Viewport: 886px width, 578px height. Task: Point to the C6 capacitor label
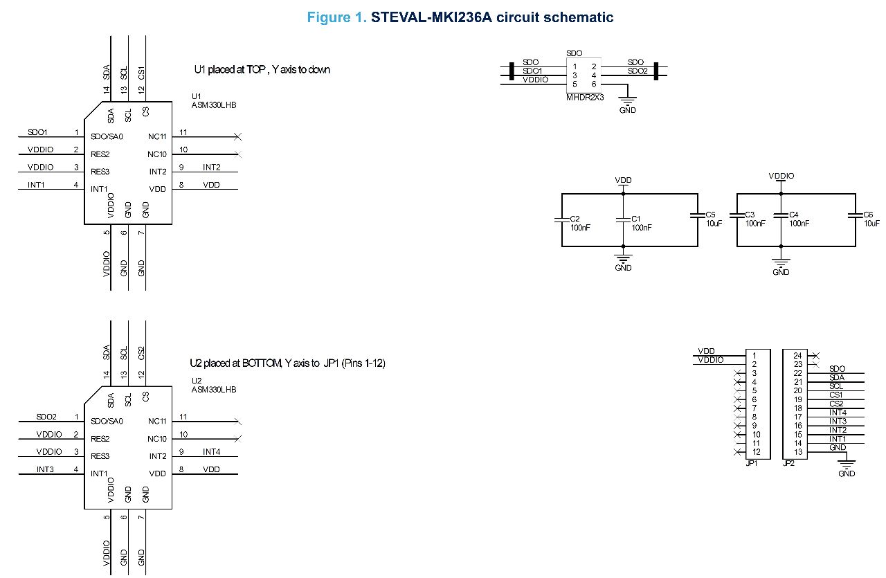[869, 215]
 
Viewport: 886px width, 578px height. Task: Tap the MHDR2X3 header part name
[586, 98]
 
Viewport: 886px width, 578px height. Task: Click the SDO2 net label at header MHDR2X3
[638, 71]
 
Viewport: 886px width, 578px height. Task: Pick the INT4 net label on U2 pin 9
[211, 451]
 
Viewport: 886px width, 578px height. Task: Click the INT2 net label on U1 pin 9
[211, 167]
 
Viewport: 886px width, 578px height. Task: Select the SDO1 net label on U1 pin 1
[37, 132]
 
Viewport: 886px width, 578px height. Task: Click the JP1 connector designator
[752, 464]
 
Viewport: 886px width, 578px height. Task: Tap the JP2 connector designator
[788, 464]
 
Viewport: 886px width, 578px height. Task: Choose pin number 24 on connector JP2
[797, 356]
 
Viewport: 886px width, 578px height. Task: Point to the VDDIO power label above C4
[781, 176]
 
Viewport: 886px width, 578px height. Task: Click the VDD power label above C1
[623, 180]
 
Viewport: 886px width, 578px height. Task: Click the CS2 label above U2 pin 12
[142, 353]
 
